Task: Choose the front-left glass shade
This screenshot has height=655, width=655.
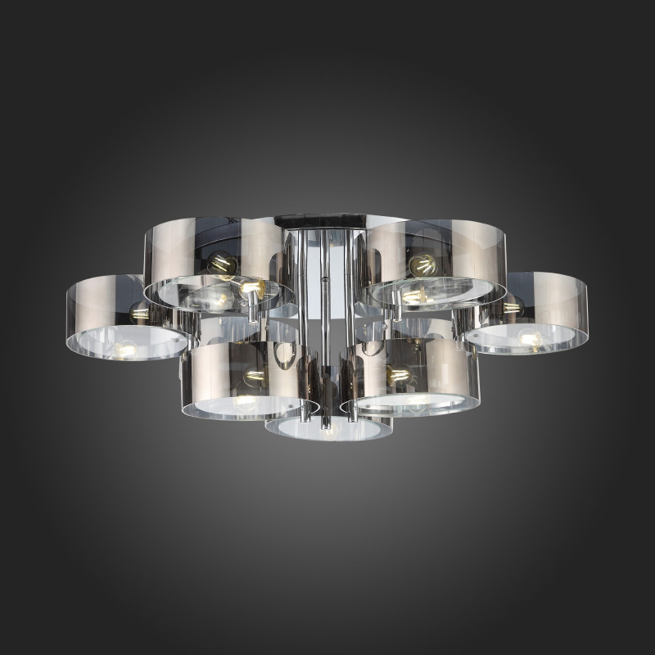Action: [x=246, y=377]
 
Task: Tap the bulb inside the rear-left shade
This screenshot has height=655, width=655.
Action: [x=223, y=264]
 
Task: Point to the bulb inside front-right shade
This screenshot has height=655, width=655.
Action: [x=399, y=375]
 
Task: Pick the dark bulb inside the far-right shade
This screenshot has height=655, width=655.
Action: [x=513, y=307]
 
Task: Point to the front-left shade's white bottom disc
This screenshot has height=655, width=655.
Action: [x=246, y=407]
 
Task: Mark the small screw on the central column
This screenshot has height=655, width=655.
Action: [x=327, y=279]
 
